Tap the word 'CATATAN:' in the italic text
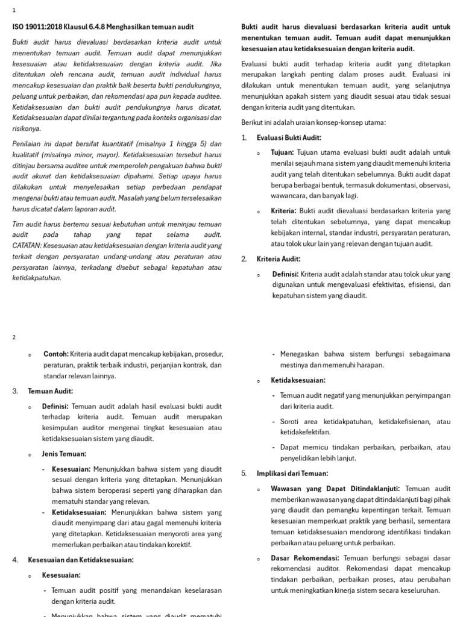tap(29, 245)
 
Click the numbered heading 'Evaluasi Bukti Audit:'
tap(289, 137)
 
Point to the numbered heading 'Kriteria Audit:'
tap(279, 258)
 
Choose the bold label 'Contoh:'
tap(56, 354)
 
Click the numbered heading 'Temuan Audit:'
tap(50, 391)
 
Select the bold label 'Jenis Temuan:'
tap(64, 454)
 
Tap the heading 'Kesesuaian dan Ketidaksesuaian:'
tap(81, 560)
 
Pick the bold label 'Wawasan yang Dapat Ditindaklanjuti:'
tap(336, 488)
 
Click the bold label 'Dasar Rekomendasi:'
tap(305, 558)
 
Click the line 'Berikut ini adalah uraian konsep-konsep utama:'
tap(313, 122)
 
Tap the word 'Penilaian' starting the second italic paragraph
tap(27, 144)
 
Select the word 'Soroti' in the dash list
tap(291, 421)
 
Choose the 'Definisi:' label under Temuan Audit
tap(55, 406)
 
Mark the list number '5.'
tap(244, 473)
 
